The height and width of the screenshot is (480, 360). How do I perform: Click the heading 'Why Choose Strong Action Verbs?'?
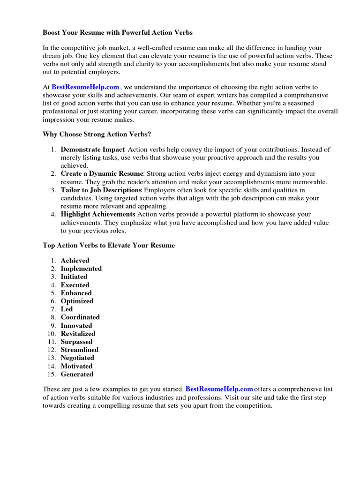pos(97,134)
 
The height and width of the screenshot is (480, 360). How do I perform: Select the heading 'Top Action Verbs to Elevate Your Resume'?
pos(109,245)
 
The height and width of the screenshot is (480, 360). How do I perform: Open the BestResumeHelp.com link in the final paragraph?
pos(219,389)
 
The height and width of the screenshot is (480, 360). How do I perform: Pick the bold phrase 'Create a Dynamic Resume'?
pos(102,173)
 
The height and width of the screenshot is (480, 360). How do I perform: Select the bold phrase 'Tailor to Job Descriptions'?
pos(101,190)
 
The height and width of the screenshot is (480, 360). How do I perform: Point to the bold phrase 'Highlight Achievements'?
pos(98,214)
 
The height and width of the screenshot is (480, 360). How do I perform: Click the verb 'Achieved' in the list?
pos(75,261)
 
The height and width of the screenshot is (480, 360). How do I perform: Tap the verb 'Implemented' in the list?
pos(81,269)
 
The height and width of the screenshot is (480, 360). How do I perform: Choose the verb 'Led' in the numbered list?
pos(67,309)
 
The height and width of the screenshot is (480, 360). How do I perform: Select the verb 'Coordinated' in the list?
pos(80,317)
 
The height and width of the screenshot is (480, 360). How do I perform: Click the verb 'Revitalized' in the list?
pos(78,334)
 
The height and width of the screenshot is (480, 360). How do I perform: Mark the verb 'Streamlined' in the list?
pos(80,350)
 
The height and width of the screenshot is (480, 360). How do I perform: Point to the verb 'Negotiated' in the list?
pos(77,358)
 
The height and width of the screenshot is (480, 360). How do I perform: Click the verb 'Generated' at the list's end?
pos(77,374)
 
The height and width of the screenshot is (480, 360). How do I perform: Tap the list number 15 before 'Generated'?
pos(52,374)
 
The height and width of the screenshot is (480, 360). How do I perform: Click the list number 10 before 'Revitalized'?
pos(52,334)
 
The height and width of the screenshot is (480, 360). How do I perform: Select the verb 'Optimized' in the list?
pos(77,301)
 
